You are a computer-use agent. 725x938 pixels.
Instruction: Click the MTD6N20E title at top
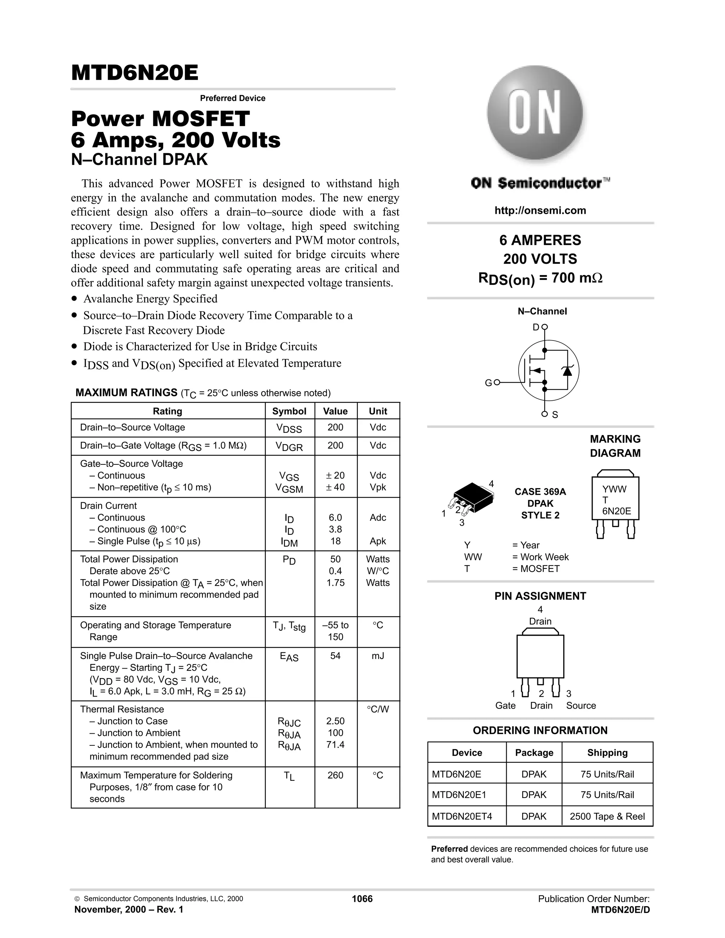click(135, 73)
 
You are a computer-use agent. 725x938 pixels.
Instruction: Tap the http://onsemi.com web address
click(540, 211)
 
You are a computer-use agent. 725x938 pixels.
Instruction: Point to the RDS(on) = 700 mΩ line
click(540, 279)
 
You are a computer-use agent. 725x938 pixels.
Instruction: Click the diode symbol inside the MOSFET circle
click(567, 370)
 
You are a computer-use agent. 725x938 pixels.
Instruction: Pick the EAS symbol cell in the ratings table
click(289, 656)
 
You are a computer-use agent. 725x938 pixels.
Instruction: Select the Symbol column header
click(289, 411)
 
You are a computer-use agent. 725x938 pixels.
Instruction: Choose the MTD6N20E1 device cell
click(459, 795)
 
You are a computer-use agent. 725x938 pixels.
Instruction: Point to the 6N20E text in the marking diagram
click(616, 511)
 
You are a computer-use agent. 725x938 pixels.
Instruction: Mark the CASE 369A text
click(540, 492)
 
